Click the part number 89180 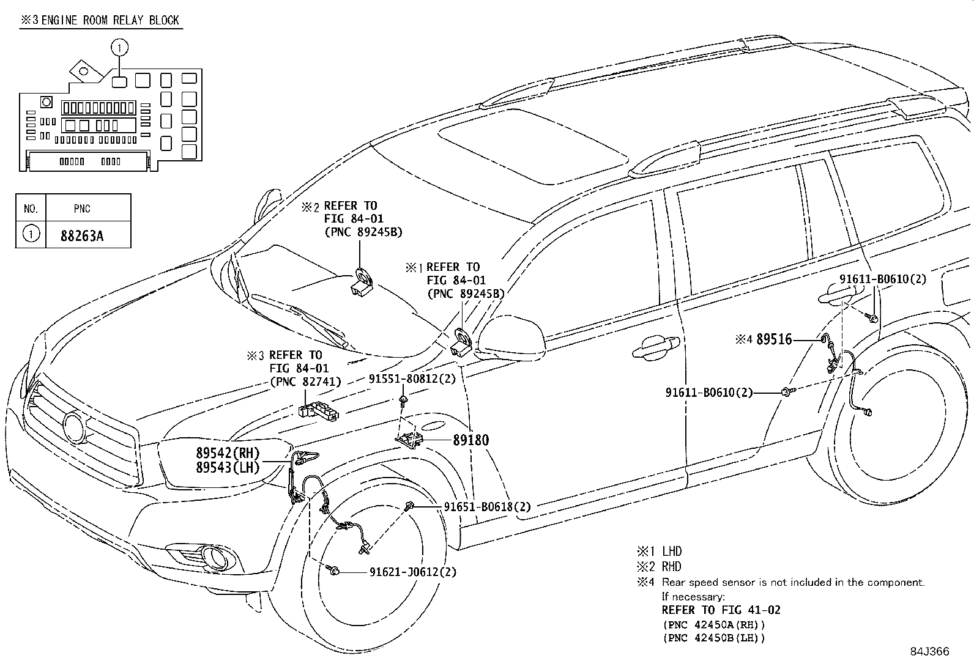470,440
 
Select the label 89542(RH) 228,453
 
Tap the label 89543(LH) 228,468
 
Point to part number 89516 774,339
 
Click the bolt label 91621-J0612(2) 412,572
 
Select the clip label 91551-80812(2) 412,379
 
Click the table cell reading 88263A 82,235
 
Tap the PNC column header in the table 82,209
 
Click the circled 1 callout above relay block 120,46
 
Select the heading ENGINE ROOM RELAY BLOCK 110,20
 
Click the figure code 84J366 929,652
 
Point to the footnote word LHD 671,551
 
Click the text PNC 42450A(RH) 713,625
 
